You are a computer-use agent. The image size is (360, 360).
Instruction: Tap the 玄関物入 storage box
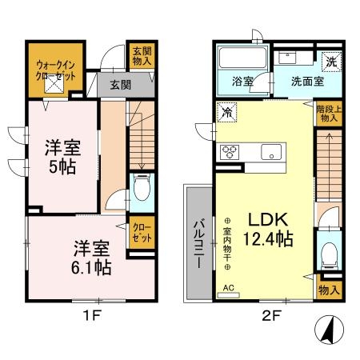tap(141, 56)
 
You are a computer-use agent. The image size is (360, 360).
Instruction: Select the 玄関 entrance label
tap(120, 85)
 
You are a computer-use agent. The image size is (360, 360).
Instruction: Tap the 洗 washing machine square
tap(329, 58)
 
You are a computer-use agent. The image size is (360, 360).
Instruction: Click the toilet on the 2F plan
tap(327, 255)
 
